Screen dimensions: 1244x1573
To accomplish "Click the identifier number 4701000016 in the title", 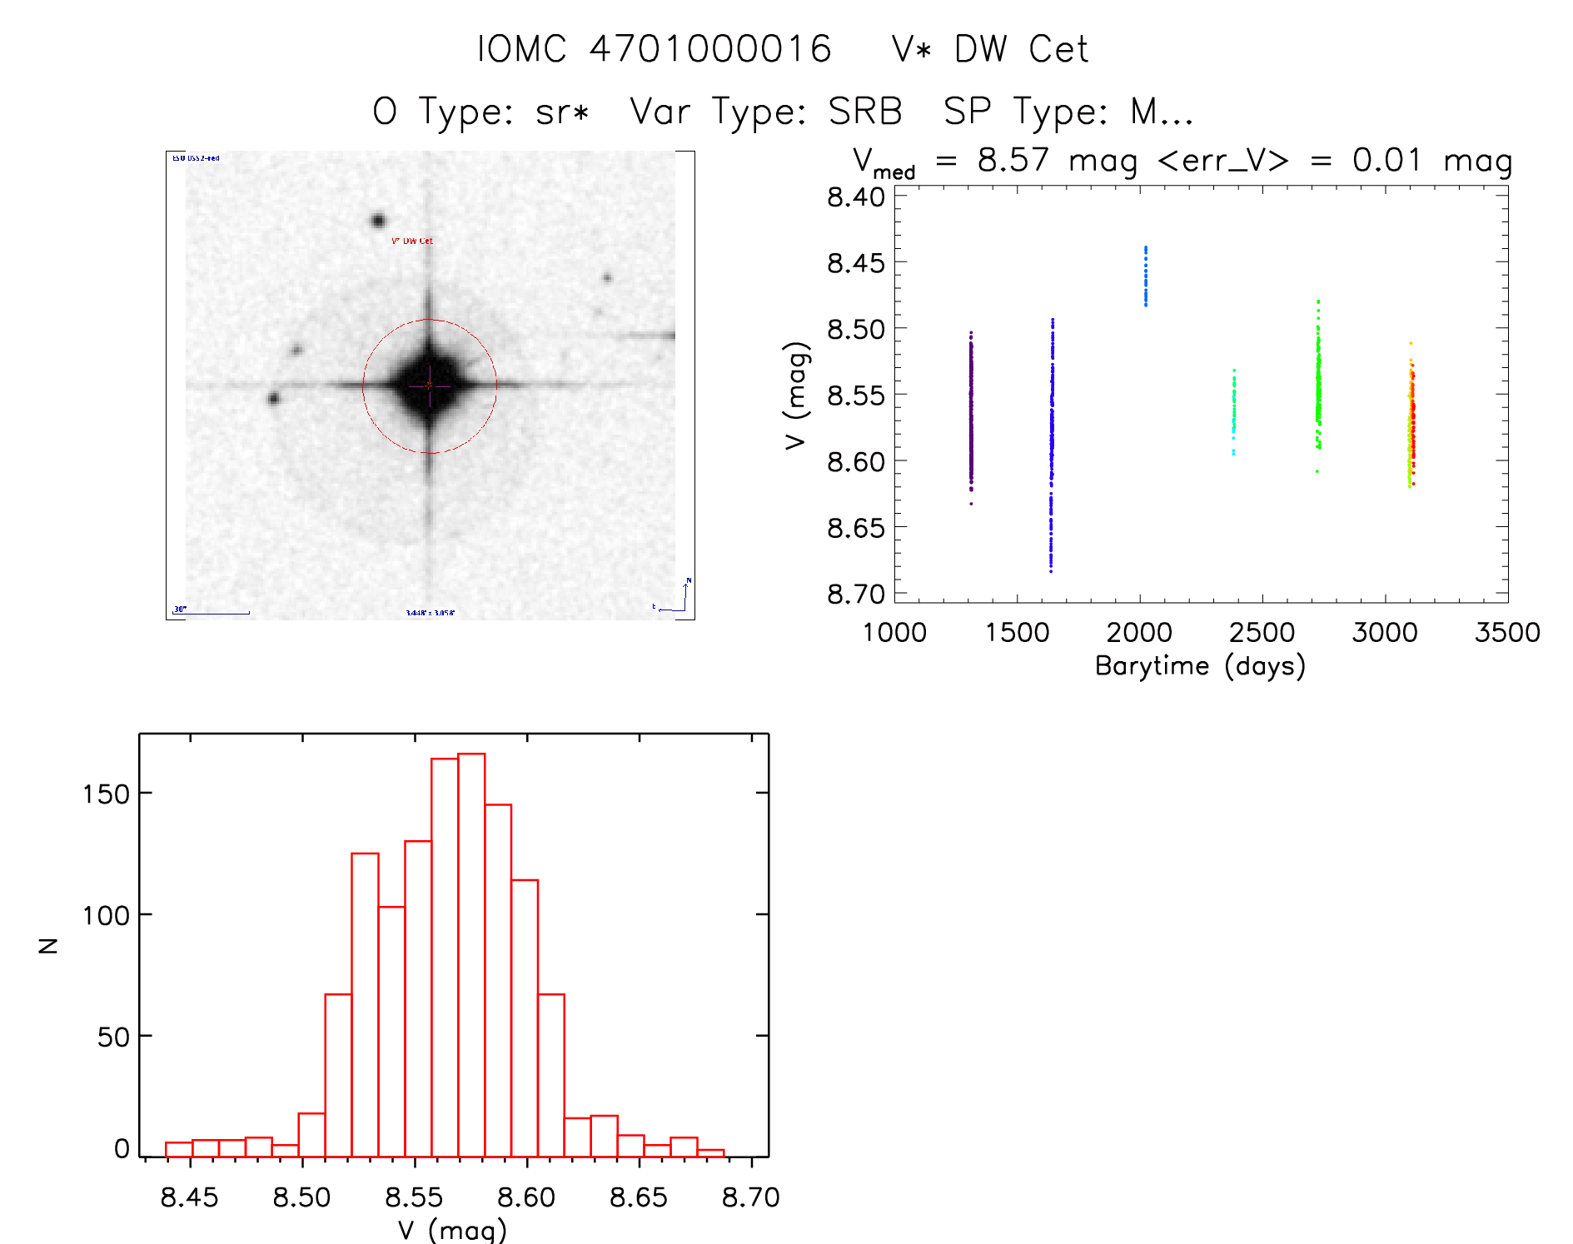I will point(709,49).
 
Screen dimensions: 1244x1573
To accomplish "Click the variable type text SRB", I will point(865,112).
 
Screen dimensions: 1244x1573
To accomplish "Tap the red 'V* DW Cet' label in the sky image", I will point(412,241).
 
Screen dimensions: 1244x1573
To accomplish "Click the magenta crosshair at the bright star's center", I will point(430,386).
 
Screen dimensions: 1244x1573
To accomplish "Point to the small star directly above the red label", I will point(378,221).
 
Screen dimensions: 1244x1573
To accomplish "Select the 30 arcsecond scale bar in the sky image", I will point(212,613).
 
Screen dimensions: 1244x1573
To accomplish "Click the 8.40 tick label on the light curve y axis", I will point(855,197).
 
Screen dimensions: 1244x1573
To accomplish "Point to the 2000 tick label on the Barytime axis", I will point(1138,633).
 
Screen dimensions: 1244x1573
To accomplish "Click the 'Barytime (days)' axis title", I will point(1200,666).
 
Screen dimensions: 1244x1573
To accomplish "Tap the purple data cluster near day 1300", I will point(971,416).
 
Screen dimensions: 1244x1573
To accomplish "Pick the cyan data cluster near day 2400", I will point(1234,411).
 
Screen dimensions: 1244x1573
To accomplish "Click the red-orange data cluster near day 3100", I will point(1411,425).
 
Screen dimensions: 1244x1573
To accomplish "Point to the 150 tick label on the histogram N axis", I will point(106,794).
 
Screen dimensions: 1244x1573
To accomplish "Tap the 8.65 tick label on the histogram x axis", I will point(638,1197).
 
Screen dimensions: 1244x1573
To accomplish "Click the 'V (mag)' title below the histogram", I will point(452,1230).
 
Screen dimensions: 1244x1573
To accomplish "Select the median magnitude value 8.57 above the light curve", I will point(1013,160).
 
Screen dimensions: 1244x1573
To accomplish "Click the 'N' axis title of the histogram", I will point(49,945).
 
